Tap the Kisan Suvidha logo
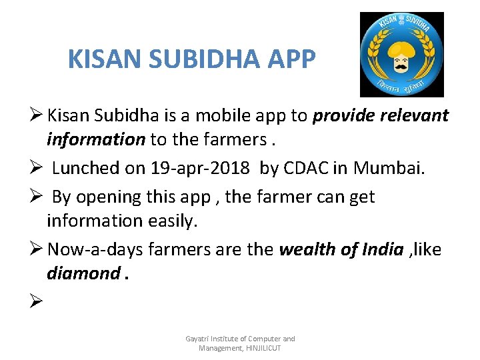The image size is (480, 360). pos(401,55)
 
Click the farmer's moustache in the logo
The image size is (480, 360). pos(401,66)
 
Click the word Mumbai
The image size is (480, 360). pos(388,168)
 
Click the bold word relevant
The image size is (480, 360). pos(415,116)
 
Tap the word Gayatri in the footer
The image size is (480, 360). pos(197,339)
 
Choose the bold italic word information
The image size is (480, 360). pos(95,139)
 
